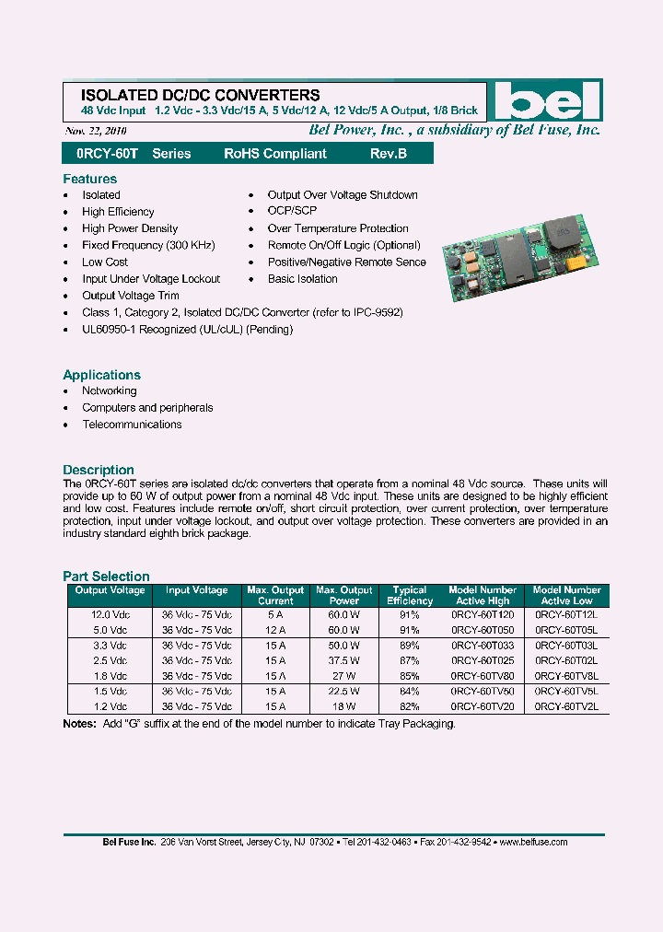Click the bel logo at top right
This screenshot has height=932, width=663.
(x=546, y=102)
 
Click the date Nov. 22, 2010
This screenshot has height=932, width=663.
(x=95, y=132)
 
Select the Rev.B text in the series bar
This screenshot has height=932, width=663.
(x=389, y=154)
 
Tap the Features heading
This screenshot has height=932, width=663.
(x=89, y=179)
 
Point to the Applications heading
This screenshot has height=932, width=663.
(x=101, y=375)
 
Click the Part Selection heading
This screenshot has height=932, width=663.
(x=106, y=576)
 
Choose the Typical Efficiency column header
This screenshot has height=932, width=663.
(x=410, y=595)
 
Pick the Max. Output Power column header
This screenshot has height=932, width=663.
(x=344, y=595)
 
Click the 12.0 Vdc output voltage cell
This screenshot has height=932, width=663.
(x=110, y=614)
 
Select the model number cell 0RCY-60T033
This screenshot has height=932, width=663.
(x=483, y=646)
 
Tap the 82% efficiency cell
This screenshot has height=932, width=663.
(x=410, y=706)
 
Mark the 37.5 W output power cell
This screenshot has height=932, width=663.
(x=344, y=660)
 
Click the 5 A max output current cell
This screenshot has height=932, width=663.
(x=275, y=614)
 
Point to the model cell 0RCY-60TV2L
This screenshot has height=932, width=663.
(x=566, y=706)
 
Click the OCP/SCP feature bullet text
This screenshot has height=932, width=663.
(x=292, y=212)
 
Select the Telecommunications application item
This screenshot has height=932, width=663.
(x=132, y=425)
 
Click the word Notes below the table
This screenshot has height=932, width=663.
(x=79, y=724)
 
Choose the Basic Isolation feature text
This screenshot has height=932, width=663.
(x=302, y=279)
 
